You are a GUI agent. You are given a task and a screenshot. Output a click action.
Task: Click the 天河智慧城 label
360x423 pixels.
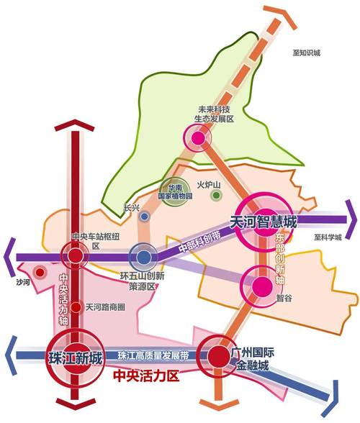(264, 221)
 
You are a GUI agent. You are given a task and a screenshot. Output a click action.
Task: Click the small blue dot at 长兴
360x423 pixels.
(145, 216)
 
